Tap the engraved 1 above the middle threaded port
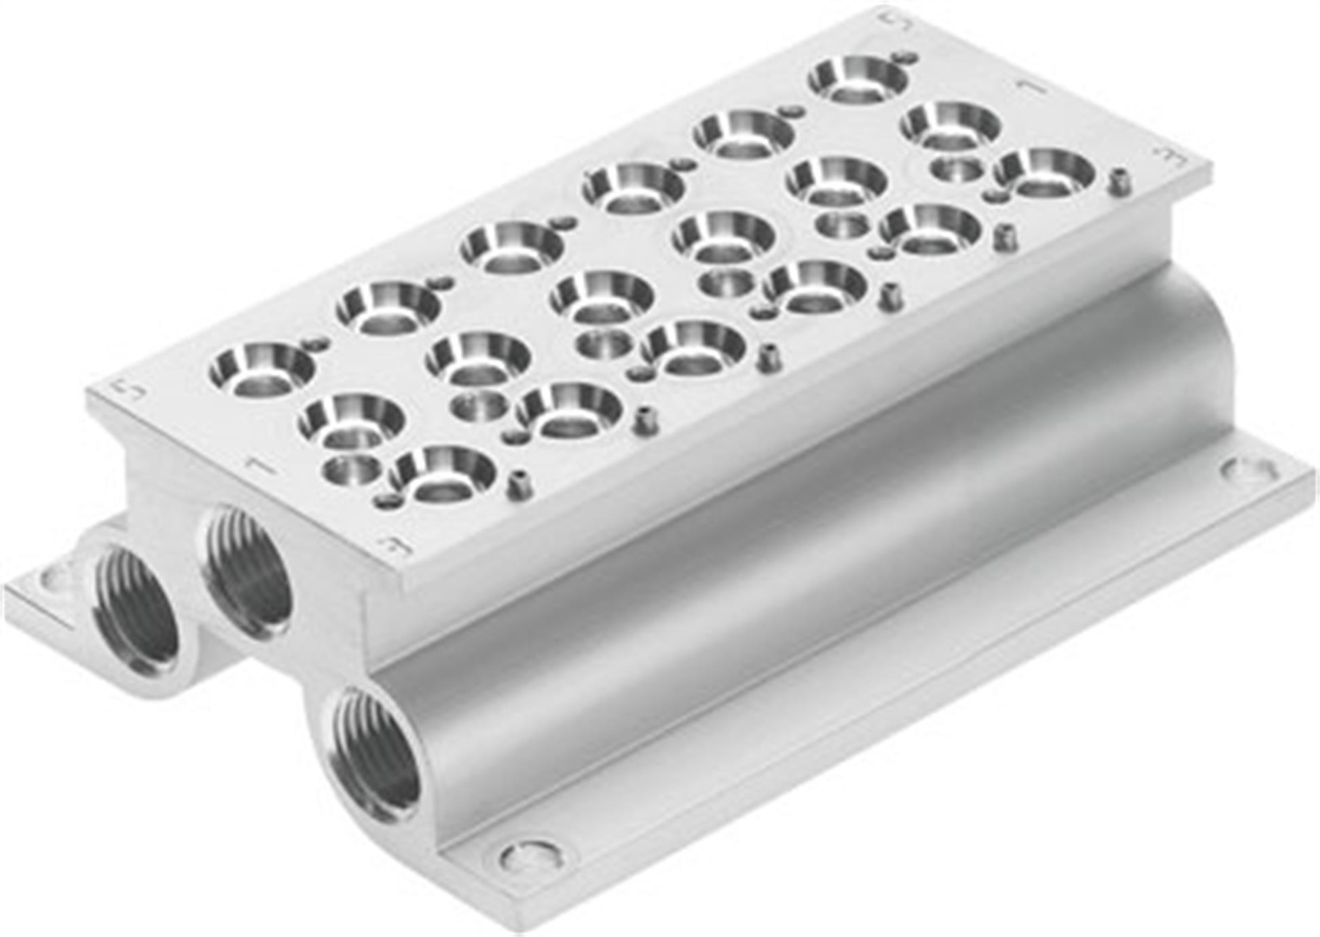259,466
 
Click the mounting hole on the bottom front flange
531,855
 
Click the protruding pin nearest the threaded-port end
519,484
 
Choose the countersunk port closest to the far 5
859,78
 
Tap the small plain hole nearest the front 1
352,469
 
